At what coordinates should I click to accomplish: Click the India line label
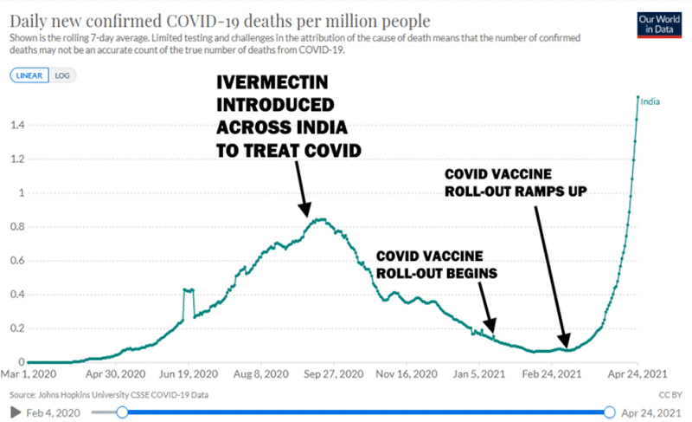651,102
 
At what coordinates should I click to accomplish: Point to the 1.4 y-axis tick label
16,126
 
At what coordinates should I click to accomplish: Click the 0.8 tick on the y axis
16,227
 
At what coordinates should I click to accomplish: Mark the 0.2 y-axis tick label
16,328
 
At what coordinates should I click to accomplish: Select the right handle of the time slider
610,412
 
